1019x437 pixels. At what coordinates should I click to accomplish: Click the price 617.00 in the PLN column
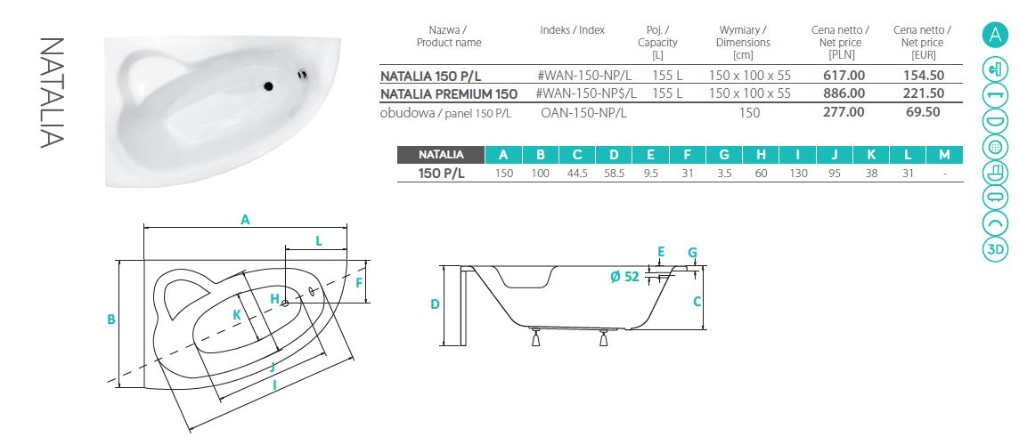[x=844, y=76]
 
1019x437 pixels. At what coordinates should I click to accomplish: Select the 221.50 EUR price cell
[x=924, y=93]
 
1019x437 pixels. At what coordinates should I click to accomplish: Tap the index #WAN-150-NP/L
[x=584, y=76]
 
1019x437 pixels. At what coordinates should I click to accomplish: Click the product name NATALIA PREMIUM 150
[x=449, y=94]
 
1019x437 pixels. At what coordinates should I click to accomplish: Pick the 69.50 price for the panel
[x=924, y=111]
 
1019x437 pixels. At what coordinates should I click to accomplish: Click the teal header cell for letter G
[x=724, y=155]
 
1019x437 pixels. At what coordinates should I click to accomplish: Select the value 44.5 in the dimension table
[x=577, y=174]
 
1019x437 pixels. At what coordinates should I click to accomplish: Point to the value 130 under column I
[x=799, y=174]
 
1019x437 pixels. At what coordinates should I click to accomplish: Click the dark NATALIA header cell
[x=441, y=155]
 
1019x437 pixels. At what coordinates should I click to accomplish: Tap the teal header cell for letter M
[x=945, y=155]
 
